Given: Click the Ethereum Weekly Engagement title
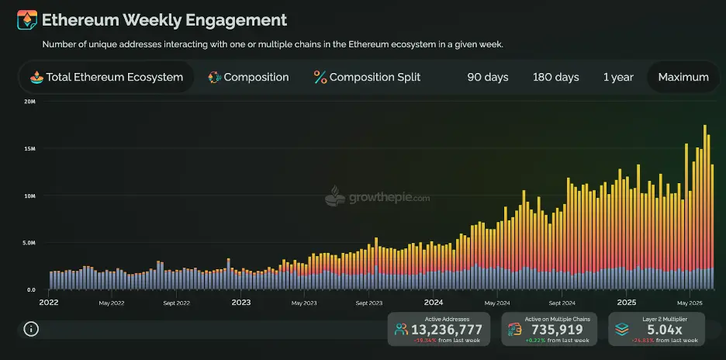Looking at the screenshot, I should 164,20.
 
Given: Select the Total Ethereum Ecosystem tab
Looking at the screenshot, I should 107,77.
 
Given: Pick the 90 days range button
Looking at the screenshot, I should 487,77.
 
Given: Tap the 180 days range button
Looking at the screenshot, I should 555,77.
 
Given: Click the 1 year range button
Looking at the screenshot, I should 618,77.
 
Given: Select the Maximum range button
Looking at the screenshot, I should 683,77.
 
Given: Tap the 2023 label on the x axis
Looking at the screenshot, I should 241,303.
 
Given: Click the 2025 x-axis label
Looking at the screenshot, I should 626,303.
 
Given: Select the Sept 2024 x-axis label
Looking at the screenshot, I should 562,303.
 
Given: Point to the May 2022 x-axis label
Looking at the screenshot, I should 112,303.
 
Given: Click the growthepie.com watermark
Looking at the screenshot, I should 378,197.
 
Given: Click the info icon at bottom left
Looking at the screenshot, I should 31,329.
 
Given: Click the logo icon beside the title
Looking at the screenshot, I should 26,20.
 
